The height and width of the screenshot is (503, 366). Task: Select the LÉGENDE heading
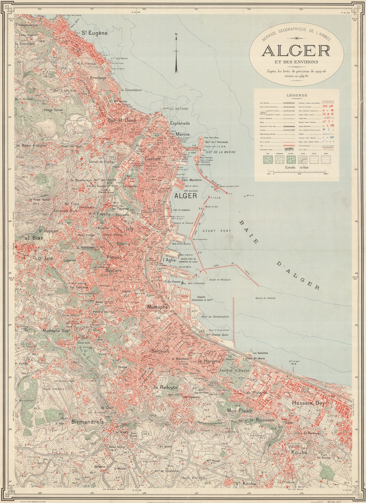(x=297, y=95)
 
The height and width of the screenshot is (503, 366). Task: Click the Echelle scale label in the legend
(x=290, y=167)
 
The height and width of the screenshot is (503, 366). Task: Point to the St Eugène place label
(x=95, y=33)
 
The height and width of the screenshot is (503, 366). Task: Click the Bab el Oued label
(x=122, y=120)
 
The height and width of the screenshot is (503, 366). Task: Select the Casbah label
(x=152, y=159)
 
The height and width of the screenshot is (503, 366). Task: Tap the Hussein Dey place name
(x=308, y=403)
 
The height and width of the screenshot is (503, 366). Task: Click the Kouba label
(x=299, y=452)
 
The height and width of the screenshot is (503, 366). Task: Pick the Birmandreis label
(x=87, y=422)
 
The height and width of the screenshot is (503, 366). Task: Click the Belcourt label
(x=160, y=351)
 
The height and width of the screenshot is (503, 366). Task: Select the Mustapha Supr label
(x=56, y=330)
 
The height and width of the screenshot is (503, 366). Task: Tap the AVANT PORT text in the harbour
(x=217, y=231)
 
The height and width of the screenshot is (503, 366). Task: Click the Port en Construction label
(x=215, y=317)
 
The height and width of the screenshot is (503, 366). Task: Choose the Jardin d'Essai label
(x=234, y=370)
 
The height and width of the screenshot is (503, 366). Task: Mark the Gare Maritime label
(x=191, y=180)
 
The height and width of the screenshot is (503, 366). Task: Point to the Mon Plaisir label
(x=240, y=410)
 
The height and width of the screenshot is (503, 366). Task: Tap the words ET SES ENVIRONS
(x=297, y=62)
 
